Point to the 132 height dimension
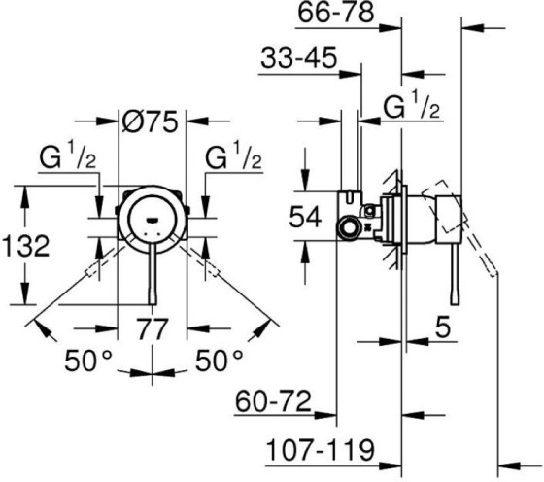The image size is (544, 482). (x=24, y=246)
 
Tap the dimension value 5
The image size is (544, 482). (x=442, y=330)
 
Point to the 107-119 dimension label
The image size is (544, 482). (x=320, y=449)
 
